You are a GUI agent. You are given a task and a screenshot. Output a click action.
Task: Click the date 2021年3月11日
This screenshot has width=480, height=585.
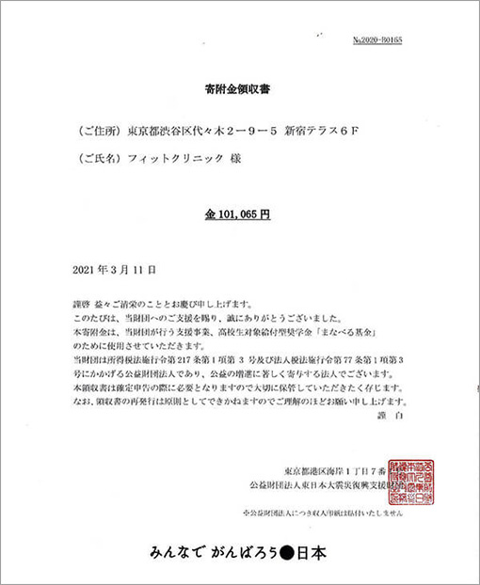(x=107, y=269)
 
